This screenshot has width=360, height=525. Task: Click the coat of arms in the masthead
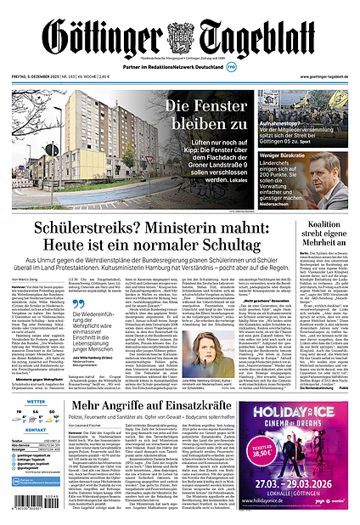(180, 37)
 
